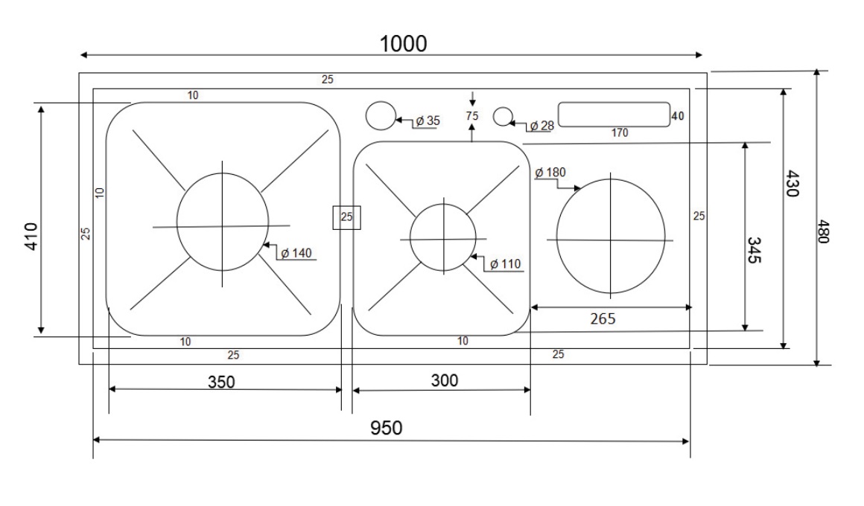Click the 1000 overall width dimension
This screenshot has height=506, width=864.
pos(404,43)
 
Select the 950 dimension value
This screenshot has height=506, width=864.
pos(387,428)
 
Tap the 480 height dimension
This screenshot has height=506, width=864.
pos(825,231)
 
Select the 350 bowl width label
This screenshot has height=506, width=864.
pos(220,382)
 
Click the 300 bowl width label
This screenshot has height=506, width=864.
pos(445,380)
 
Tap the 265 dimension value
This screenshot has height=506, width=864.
pos(602,318)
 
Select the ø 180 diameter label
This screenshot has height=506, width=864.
pos(551,173)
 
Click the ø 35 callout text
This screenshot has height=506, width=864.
pos(428,121)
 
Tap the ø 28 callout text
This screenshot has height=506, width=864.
pos(541,126)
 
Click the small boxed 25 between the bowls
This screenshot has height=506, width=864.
pos(346,217)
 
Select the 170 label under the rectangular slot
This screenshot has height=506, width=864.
pos(619,133)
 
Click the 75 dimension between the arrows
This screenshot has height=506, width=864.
pos(471,116)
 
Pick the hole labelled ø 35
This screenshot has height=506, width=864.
pos(380,116)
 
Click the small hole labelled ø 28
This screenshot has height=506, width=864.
pos(504,116)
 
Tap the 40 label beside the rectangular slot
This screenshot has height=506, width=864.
pos(677,116)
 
